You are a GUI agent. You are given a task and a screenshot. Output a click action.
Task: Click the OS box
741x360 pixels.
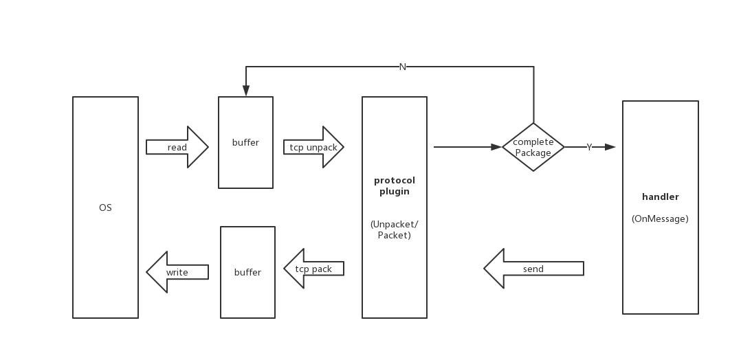coord(105,207)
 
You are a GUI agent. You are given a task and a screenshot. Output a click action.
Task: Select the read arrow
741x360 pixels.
coord(177,147)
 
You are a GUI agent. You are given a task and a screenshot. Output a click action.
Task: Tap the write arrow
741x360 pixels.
coord(177,272)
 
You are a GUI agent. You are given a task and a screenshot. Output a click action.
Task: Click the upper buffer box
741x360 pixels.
coord(245,142)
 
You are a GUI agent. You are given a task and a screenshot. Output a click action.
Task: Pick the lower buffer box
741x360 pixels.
coord(247,272)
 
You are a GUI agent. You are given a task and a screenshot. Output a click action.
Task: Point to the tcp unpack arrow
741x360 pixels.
coord(313,147)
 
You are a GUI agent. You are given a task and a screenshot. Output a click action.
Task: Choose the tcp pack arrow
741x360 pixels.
coord(313,269)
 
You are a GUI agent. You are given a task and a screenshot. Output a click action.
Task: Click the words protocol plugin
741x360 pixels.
coord(395,186)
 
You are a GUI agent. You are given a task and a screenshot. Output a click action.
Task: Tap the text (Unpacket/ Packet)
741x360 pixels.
coord(395,229)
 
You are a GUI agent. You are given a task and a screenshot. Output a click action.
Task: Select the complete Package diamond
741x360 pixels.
coord(533,147)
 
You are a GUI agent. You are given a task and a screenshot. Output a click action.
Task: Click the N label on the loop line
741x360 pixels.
coord(403,67)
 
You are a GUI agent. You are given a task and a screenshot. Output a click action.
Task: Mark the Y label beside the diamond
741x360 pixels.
coord(589,147)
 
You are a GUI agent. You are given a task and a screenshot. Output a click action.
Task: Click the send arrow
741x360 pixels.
coord(533,269)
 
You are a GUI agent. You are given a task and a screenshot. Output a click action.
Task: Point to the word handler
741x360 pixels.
coord(660,197)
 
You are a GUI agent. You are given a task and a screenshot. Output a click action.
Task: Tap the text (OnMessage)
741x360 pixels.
coord(660,219)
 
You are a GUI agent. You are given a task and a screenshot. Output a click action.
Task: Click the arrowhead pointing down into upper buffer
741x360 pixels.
coord(245,92)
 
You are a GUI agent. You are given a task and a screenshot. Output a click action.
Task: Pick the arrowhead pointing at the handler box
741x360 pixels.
coord(612,147)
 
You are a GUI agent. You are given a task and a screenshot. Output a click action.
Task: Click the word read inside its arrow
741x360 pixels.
coord(177,148)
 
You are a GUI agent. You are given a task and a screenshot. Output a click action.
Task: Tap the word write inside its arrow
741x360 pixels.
coord(177,273)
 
